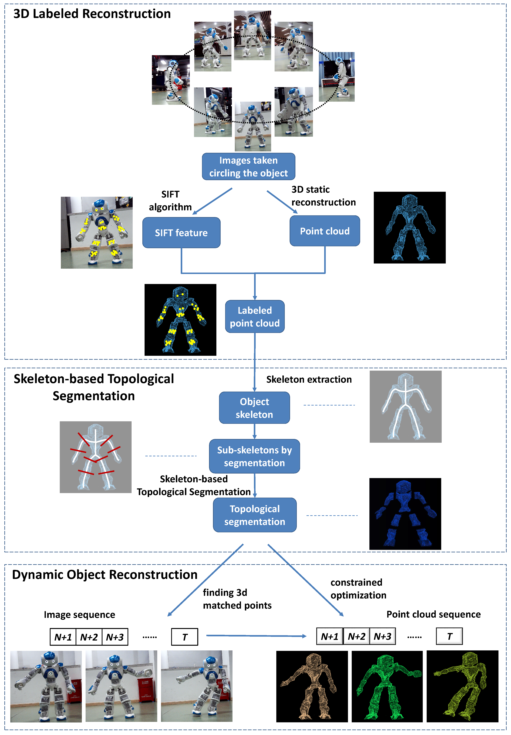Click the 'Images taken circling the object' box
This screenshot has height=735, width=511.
pos(248,166)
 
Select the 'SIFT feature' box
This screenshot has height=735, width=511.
pos(181,233)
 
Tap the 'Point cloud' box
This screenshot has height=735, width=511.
pos(325,231)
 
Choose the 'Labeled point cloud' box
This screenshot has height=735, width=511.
pos(255,317)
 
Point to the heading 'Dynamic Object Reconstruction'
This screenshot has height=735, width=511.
pos(105,574)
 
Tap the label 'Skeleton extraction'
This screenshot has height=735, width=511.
pos(309,380)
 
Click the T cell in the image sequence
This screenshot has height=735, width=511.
pos(185,637)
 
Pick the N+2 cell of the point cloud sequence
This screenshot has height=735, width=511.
pos(356,636)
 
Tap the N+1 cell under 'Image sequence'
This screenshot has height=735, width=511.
pos(63,637)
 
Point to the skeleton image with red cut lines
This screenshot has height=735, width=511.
pos(95,457)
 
